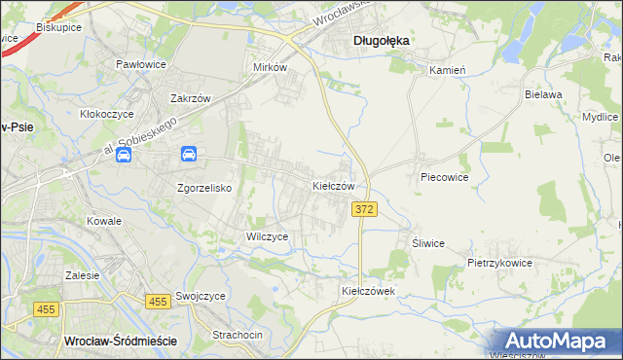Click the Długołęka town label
pyautogui.click(x=380, y=40)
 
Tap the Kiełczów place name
pyautogui.click(x=339, y=185)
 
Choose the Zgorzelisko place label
pyautogui.click(x=203, y=188)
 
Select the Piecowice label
pyautogui.click(x=445, y=178)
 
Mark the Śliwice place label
pyautogui.click(x=428, y=243)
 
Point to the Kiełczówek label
pyautogui.click(x=367, y=291)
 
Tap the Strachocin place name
pyautogui.click(x=238, y=335)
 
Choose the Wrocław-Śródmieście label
pyautogui.click(x=120, y=341)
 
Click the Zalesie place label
pyautogui.click(x=83, y=275)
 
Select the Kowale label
pyautogui.click(x=104, y=221)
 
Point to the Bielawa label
pyautogui.click(x=544, y=94)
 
